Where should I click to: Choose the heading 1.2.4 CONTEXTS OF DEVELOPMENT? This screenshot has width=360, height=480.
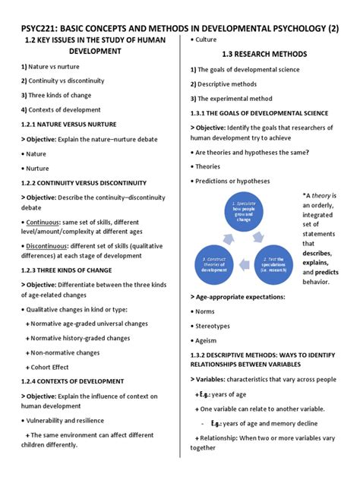76,381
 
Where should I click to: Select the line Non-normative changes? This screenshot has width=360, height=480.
66,352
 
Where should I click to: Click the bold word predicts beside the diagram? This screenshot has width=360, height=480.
327,272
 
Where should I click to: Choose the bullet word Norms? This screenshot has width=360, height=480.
207,311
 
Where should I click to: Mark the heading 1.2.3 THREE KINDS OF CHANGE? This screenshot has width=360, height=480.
67,270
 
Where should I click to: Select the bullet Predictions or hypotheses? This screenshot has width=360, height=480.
232,181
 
